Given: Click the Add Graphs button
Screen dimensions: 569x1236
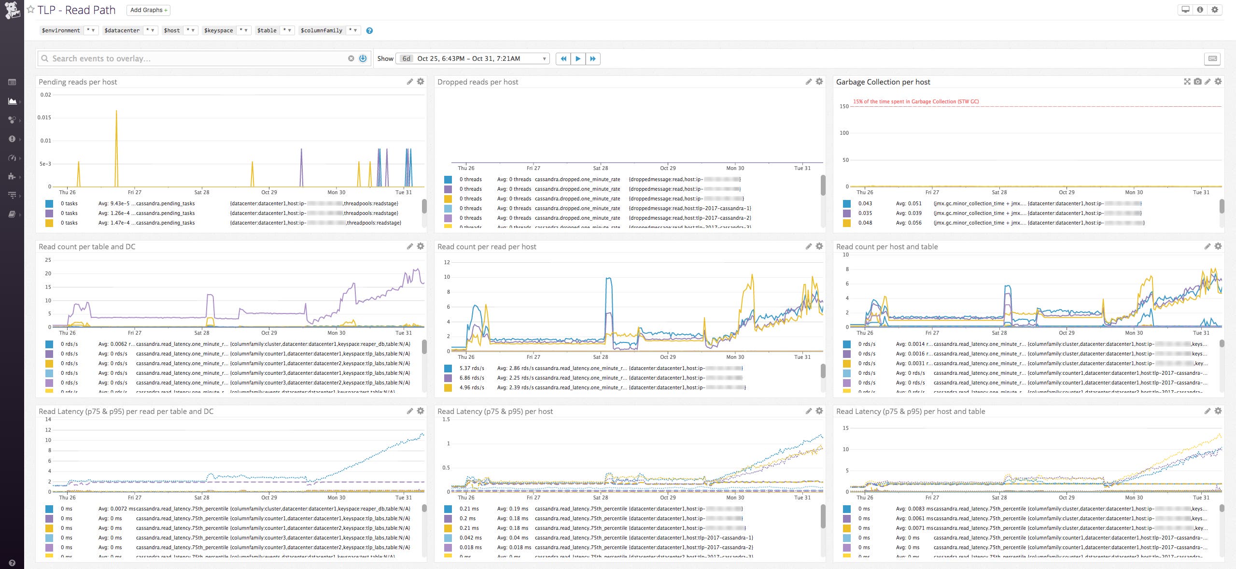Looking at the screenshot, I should (148, 10).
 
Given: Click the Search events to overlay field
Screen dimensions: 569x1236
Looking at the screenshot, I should (193, 58).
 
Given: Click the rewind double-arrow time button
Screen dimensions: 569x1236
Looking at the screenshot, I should (563, 58).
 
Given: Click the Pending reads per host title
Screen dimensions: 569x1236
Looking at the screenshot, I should (78, 82).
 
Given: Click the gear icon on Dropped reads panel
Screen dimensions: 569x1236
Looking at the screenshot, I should (819, 82).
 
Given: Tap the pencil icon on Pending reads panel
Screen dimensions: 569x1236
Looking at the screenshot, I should (410, 82).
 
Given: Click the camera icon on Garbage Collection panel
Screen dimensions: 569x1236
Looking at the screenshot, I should (1197, 82).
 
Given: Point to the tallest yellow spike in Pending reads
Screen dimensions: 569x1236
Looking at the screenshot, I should (116, 112).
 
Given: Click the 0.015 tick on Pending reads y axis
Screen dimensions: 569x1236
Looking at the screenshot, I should (44, 117).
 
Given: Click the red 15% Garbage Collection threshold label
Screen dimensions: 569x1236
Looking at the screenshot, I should (915, 101).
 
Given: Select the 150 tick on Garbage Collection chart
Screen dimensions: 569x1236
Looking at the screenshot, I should (844, 106).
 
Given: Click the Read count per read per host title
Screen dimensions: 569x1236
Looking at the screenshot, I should (487, 247).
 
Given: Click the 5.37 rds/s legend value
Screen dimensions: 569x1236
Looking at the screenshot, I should (472, 368).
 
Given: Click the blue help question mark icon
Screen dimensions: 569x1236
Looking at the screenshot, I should (369, 30).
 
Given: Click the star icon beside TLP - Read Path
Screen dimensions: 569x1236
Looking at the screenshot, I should (30, 10).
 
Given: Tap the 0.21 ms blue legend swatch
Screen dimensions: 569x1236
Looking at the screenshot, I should (448, 509).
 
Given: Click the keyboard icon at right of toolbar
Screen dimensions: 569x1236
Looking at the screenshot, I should (1212, 58).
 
